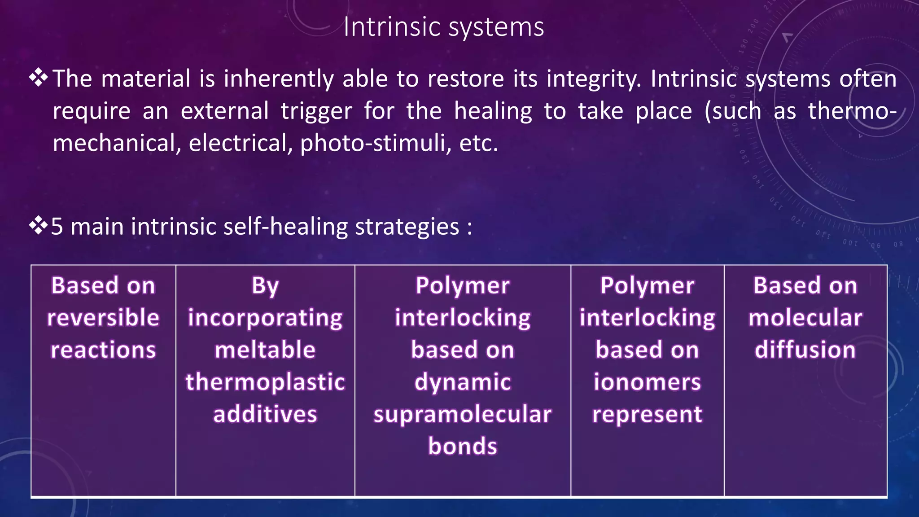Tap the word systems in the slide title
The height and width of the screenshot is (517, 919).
click(x=496, y=28)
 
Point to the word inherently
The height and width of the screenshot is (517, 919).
click(x=279, y=79)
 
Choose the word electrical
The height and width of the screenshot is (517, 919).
click(x=241, y=144)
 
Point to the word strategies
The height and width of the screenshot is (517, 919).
click(x=407, y=226)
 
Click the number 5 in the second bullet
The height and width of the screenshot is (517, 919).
click(x=57, y=226)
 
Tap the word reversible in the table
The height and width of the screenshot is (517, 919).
click(x=103, y=318)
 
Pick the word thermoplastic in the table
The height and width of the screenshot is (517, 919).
click(x=265, y=382)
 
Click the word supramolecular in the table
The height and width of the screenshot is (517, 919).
click(x=462, y=414)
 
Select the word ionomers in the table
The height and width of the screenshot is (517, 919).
click(x=647, y=382)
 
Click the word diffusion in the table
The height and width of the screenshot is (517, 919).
click(x=805, y=350)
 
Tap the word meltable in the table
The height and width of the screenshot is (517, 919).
click(x=265, y=350)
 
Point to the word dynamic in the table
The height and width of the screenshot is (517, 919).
click(x=462, y=382)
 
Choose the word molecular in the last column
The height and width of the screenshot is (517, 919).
click(x=805, y=318)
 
